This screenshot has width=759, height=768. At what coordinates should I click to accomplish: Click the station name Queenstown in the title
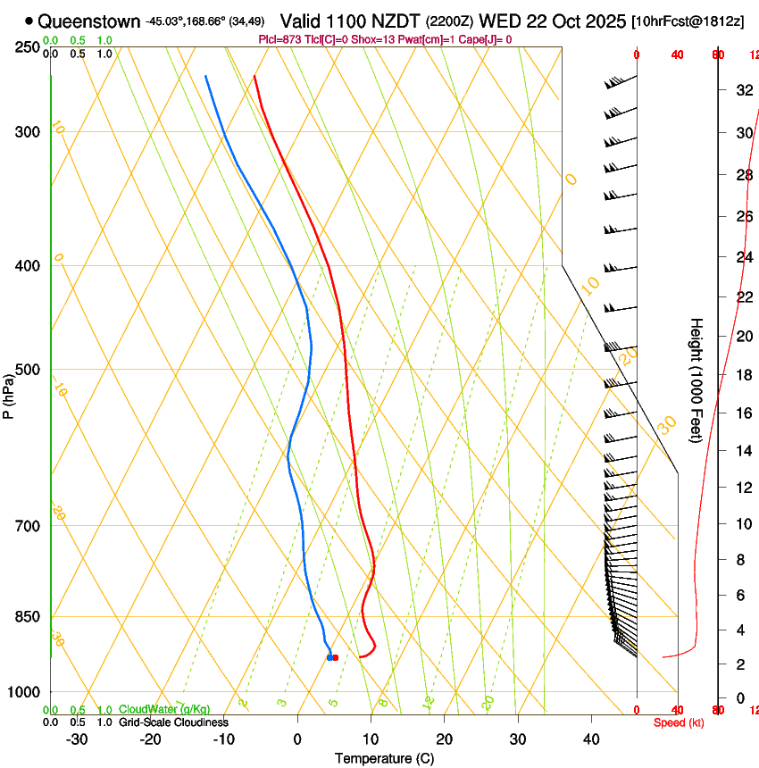[x=89, y=21]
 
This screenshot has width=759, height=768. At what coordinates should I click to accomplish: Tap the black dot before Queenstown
[x=29, y=21]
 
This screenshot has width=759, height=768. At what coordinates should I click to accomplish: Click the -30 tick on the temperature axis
[x=78, y=739]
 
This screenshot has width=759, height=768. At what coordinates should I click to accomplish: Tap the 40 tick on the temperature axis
[x=591, y=739]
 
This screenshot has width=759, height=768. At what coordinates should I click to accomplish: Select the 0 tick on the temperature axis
[x=298, y=739]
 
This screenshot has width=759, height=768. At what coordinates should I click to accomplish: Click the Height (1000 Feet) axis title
[x=696, y=380]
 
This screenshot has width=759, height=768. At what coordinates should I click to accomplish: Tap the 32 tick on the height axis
[x=742, y=90]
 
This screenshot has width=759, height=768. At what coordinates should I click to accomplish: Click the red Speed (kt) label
[x=678, y=722]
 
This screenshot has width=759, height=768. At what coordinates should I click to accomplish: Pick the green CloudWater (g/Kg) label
[x=164, y=709]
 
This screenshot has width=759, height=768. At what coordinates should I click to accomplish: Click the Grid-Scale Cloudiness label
[x=173, y=722]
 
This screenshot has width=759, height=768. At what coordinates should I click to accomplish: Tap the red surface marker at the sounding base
[x=336, y=657]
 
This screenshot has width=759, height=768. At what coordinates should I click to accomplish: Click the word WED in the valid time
[x=500, y=21]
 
